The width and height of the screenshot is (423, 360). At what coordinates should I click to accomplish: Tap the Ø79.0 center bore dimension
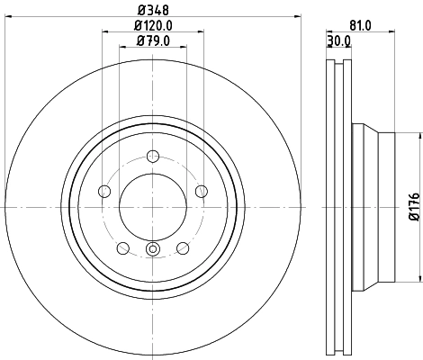click(x=152, y=40)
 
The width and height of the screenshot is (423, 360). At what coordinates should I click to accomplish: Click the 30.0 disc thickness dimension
click(x=338, y=40)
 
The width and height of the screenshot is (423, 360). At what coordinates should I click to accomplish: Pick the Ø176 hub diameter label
click(x=413, y=207)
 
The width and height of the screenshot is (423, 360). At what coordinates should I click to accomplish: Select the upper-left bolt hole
click(x=103, y=190)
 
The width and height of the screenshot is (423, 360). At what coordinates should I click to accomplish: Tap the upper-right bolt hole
click(x=201, y=190)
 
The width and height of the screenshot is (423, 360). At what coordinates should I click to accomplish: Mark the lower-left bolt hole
click(x=122, y=247)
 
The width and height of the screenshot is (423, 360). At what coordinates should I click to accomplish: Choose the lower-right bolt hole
click(x=183, y=247)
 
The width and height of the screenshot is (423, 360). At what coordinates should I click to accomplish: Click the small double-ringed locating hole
click(x=152, y=250)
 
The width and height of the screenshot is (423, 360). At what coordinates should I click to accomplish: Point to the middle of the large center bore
click(x=152, y=206)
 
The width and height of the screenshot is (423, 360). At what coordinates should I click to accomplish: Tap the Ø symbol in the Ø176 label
click(x=413, y=218)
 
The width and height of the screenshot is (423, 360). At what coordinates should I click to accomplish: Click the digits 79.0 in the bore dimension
click(x=157, y=40)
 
